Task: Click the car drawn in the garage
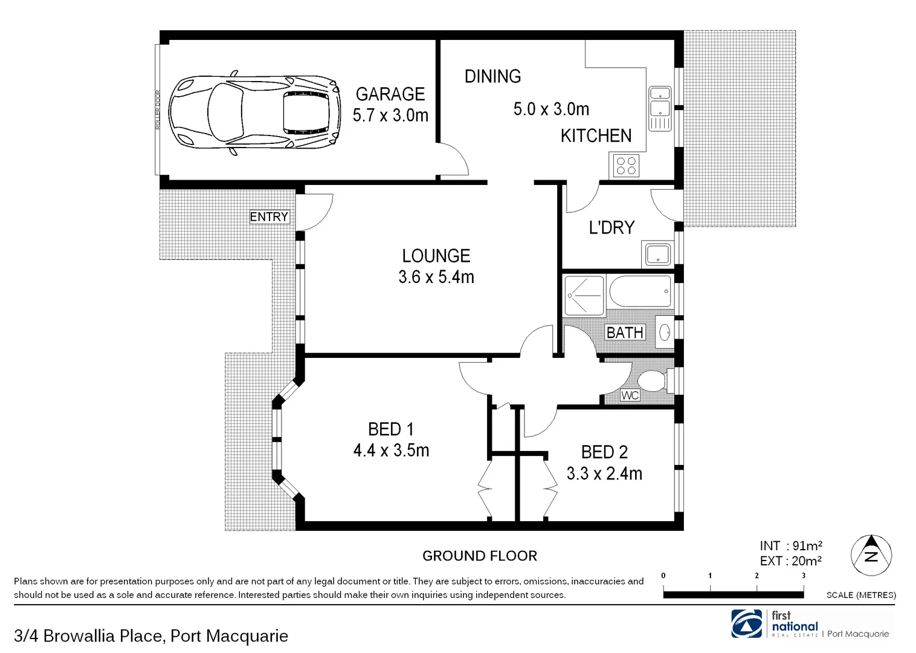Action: (x=253, y=112)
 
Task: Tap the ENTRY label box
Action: (x=269, y=216)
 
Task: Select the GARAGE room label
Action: (x=390, y=94)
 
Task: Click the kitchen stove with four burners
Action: (x=626, y=165)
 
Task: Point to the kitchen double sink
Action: (x=659, y=108)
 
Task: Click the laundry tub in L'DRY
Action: (x=657, y=255)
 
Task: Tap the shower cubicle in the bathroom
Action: (x=584, y=296)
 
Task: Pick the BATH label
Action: (x=625, y=333)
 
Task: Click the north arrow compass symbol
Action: (x=871, y=555)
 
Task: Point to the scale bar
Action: (x=733, y=594)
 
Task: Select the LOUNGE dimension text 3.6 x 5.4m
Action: (x=436, y=278)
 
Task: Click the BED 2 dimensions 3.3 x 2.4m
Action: (x=604, y=473)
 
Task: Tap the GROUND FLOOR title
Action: (x=479, y=556)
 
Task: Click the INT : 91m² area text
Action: (x=790, y=546)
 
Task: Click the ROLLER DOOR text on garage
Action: (x=158, y=109)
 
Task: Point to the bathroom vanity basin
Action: (x=664, y=332)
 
